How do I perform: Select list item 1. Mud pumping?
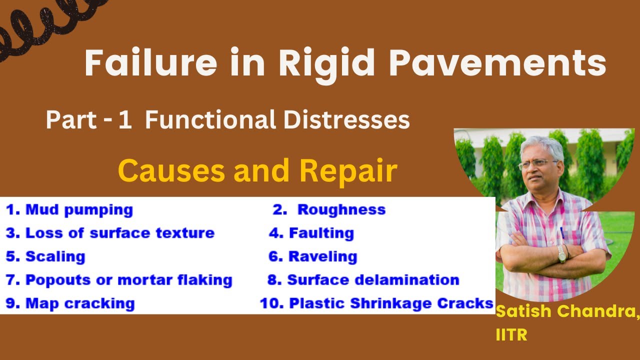69,210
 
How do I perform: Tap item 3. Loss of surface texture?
110,233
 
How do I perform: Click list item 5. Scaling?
45,256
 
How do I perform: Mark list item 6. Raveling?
313,256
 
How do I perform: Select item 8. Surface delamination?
363,280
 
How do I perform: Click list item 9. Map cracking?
70,303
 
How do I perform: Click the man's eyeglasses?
538,164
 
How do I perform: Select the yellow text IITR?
511,334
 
